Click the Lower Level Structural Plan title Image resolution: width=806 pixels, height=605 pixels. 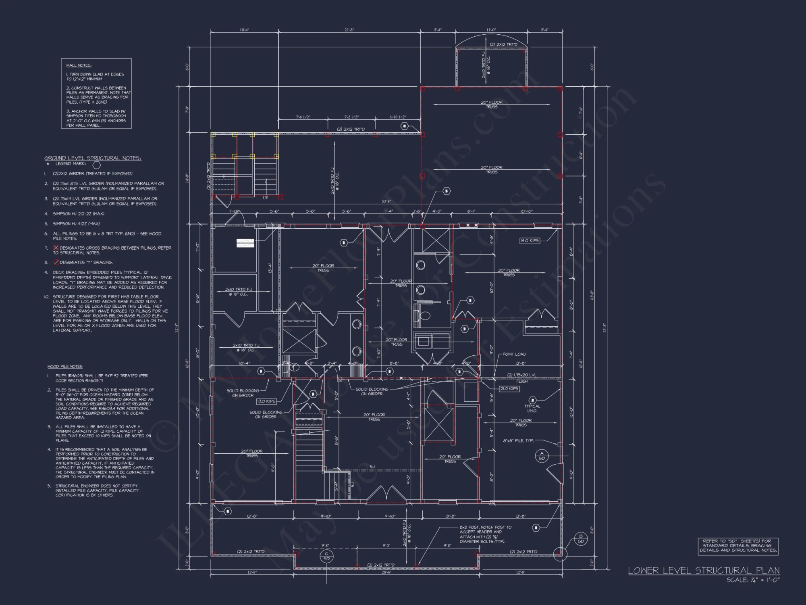(x=703, y=570)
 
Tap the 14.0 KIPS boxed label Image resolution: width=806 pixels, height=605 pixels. (x=529, y=241)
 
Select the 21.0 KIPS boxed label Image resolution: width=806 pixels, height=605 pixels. (x=509, y=389)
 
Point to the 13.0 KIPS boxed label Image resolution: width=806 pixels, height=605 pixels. (x=266, y=401)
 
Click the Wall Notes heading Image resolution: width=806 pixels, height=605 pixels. (x=79, y=65)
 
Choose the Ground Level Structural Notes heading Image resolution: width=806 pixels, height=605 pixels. (x=93, y=158)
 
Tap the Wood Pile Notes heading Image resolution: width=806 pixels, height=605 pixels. (x=65, y=367)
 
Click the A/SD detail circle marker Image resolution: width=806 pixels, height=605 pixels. (x=542, y=456)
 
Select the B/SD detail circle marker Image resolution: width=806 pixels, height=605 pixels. (x=581, y=539)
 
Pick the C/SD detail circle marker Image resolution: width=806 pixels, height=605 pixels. (x=326, y=557)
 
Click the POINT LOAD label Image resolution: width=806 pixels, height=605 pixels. (x=514, y=354)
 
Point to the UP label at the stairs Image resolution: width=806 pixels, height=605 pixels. (x=265, y=198)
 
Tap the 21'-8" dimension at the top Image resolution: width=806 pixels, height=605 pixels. (x=349, y=30)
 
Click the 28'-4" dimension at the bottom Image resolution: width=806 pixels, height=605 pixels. (x=386, y=572)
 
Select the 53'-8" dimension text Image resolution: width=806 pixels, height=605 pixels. (x=386, y=201)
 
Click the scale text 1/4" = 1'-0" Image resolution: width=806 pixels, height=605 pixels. (x=753, y=580)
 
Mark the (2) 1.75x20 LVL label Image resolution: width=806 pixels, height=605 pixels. (x=521, y=375)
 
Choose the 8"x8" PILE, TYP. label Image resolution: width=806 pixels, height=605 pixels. (x=518, y=440)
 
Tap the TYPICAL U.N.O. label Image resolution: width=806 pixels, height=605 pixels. (x=532, y=408)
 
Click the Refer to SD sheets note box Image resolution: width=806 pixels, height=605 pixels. (x=738, y=546)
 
